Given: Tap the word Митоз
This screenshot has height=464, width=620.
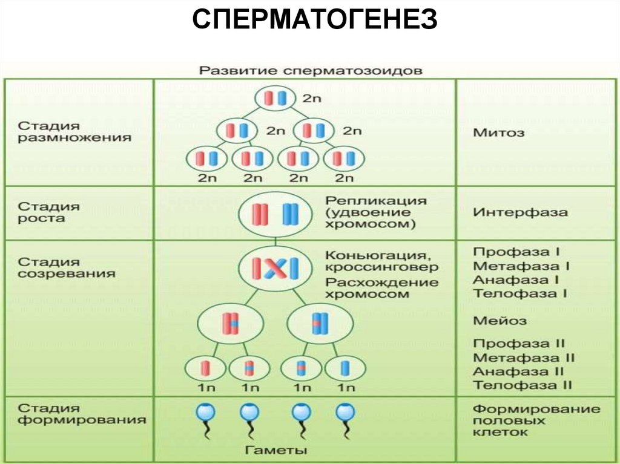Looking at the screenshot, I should click(x=499, y=132).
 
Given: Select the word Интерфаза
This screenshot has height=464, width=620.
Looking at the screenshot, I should click(x=520, y=212).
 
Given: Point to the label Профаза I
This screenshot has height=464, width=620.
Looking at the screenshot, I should click(x=516, y=251).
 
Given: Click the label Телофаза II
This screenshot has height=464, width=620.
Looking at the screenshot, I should click(x=522, y=385).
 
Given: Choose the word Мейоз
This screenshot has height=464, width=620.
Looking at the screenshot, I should click(x=500, y=321).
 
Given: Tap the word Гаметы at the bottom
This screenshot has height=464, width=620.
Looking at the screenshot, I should click(x=277, y=450).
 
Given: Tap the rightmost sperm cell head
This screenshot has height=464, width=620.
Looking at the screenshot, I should click(x=345, y=413).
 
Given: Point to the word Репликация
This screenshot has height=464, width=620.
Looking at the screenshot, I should click(x=375, y=200).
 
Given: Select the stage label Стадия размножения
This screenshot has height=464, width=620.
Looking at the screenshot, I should click(x=74, y=131).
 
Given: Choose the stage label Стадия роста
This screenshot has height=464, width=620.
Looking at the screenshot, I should click(x=48, y=212).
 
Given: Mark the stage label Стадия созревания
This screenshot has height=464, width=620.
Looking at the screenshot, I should click(x=66, y=267).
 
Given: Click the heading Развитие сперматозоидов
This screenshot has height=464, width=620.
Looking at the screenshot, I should click(x=311, y=70).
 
